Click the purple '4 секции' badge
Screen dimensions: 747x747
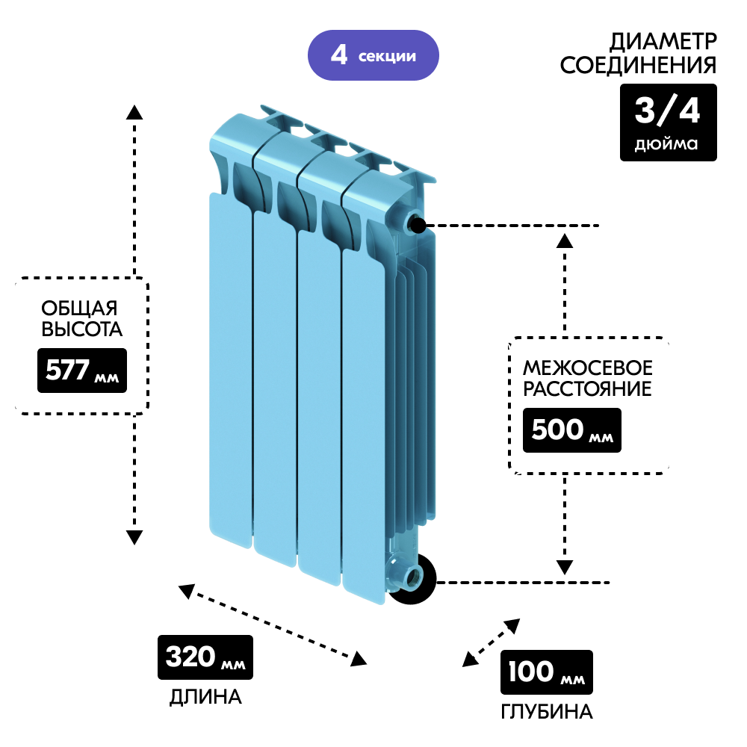pyautogui.click(x=373, y=55)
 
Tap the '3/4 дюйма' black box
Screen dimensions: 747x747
pyautogui.click(x=668, y=122)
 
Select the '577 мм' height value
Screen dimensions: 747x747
pyautogui.click(x=82, y=370)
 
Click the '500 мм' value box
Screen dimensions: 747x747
pyautogui.click(x=571, y=431)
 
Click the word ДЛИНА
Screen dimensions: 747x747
pyautogui.click(x=205, y=698)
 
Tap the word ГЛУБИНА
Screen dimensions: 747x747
pyautogui.click(x=548, y=712)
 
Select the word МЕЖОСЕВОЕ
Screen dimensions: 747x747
pyautogui.click(x=587, y=368)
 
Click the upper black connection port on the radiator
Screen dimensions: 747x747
pyautogui.click(x=417, y=224)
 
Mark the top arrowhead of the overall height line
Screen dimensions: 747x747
pyautogui.click(x=134, y=113)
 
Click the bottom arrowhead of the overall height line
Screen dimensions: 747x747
pyautogui.click(x=134, y=536)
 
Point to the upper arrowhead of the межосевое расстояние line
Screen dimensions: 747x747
pyautogui.click(x=565, y=241)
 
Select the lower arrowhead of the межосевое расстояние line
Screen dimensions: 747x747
pyautogui.click(x=565, y=566)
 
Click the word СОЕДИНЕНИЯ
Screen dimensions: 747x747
pyautogui.click(x=638, y=66)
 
